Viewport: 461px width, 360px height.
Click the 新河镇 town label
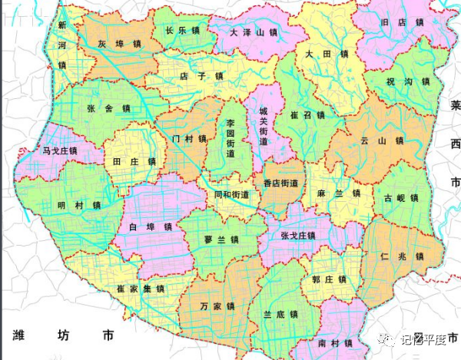(x=61, y=45)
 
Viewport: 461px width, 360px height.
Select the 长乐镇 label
(x=182, y=31)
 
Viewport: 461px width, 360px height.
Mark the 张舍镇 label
(x=108, y=108)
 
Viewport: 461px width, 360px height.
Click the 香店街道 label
(x=280, y=184)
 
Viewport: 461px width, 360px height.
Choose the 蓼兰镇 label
(x=221, y=239)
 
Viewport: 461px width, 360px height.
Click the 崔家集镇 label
(x=141, y=289)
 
